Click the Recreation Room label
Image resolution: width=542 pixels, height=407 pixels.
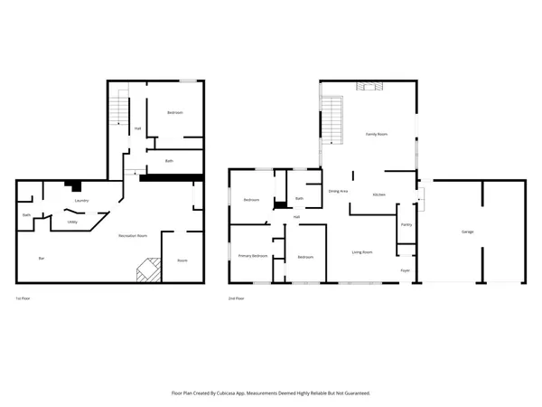[x=133, y=236]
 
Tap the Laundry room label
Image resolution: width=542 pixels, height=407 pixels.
[x=80, y=201]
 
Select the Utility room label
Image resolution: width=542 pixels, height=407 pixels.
[x=72, y=221]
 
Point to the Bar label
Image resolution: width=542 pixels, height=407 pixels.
[x=41, y=259]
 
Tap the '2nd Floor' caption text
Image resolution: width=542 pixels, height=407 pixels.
[x=238, y=298]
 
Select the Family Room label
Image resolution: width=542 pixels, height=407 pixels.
[x=376, y=133]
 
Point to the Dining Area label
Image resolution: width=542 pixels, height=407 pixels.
[x=339, y=192]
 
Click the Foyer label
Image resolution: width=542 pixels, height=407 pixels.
[x=406, y=270]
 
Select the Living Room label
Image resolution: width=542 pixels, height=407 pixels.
[x=362, y=251]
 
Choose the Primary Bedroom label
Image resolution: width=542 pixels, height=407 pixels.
[x=253, y=257]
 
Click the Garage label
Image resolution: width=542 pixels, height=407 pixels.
[x=468, y=232]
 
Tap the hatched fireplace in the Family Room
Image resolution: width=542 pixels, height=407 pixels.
[x=369, y=87]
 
